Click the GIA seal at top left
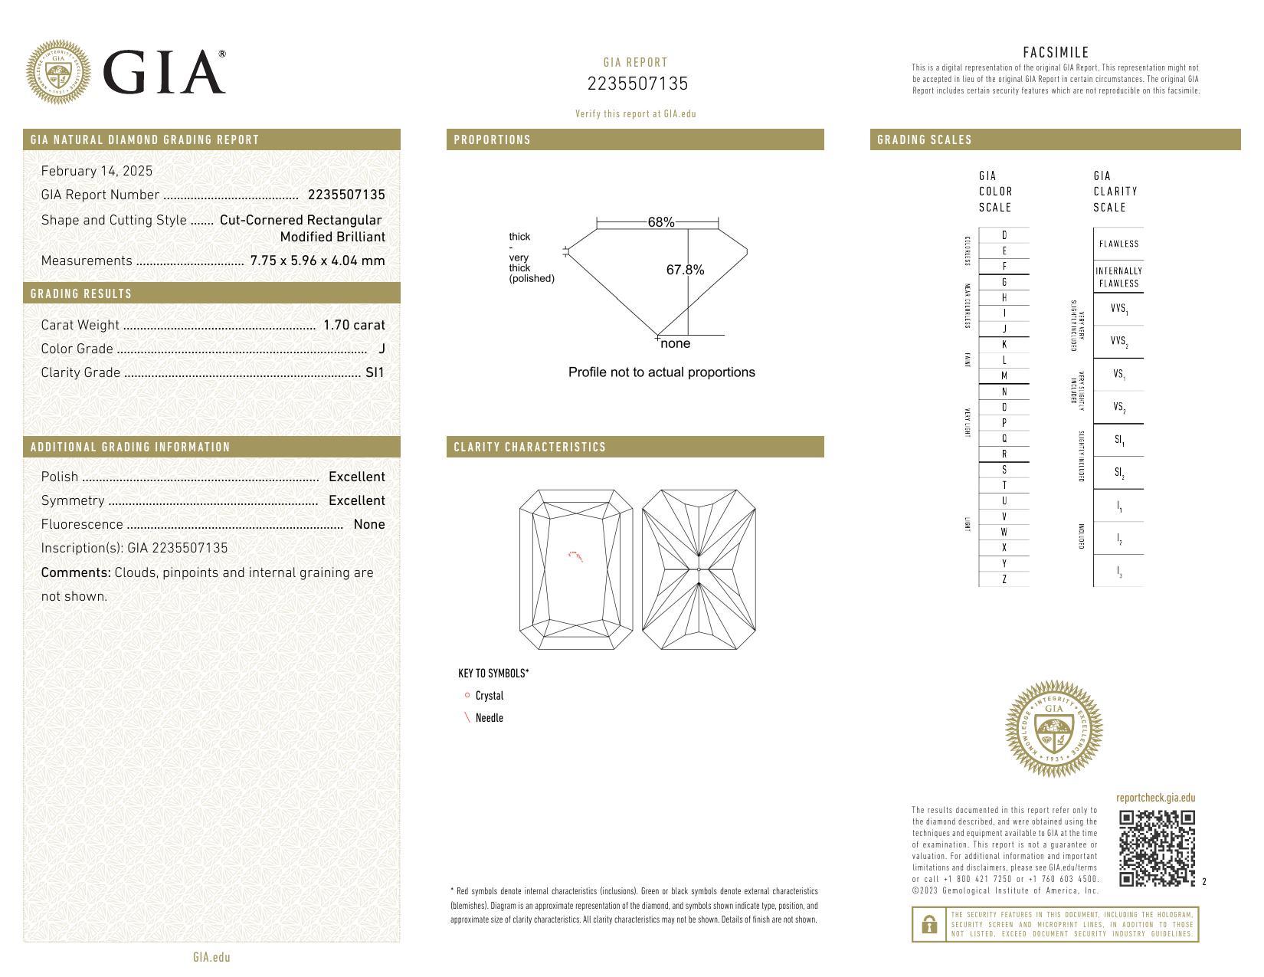point(58,73)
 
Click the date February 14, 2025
point(97,171)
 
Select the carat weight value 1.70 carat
point(353,325)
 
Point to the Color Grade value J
point(381,349)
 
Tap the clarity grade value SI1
point(375,372)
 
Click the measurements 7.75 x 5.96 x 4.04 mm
point(317,261)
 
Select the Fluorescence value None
point(368,524)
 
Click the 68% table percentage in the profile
point(660,222)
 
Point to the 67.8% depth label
point(685,270)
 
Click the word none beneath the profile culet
point(675,343)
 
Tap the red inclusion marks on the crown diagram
point(575,556)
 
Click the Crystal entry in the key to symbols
point(489,696)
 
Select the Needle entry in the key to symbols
point(489,718)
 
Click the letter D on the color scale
point(1004,235)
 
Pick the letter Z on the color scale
point(1004,579)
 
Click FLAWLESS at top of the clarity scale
point(1118,244)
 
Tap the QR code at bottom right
point(1156,847)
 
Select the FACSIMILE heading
point(1056,52)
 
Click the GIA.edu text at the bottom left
point(211,957)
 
